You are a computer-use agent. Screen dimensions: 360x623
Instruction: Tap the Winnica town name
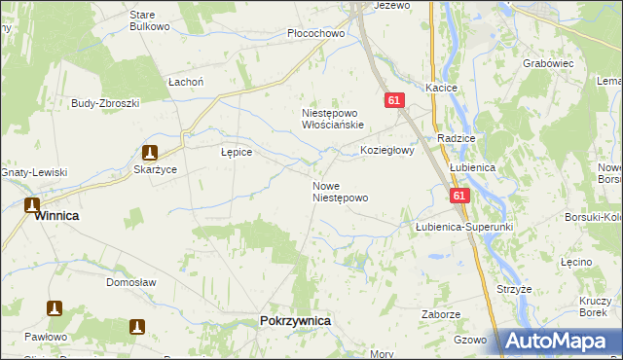click(56, 216)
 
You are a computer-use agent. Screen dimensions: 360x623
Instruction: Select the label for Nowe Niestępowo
click(340, 192)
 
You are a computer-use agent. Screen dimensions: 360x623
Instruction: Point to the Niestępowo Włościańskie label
click(332, 119)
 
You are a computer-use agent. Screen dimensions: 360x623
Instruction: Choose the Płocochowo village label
click(316, 33)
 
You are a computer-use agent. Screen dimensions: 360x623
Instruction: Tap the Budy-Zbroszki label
click(106, 102)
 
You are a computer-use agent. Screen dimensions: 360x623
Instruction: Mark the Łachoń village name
click(186, 83)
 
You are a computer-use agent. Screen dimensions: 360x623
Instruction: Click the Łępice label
click(237, 153)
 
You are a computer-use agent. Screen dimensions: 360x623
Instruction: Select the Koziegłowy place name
click(387, 151)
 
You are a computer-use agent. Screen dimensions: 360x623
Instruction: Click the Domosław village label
click(131, 282)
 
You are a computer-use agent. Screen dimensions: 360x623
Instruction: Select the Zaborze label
click(441, 314)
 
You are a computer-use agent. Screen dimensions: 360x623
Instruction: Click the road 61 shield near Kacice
click(393, 100)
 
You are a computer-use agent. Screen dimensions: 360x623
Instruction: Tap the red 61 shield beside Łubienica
click(460, 196)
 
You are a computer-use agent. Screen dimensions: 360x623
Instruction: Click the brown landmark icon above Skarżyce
click(149, 153)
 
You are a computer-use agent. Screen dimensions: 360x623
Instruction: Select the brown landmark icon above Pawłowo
click(55, 308)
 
